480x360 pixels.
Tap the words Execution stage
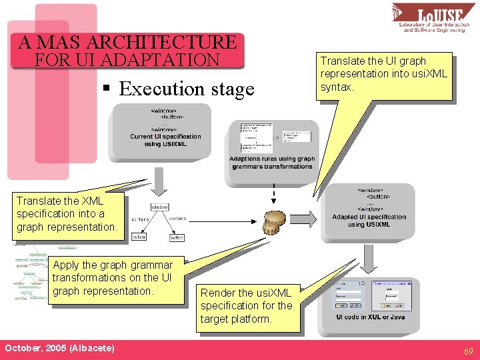(x=187, y=89)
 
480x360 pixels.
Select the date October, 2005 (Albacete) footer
(x=59, y=349)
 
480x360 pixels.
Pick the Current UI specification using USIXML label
(x=165, y=140)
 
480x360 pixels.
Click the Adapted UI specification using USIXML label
(x=369, y=221)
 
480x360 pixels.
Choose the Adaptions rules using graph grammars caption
(x=272, y=163)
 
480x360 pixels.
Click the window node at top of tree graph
(x=160, y=207)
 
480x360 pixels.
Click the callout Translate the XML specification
(x=67, y=213)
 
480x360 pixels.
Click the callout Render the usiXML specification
(x=247, y=306)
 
